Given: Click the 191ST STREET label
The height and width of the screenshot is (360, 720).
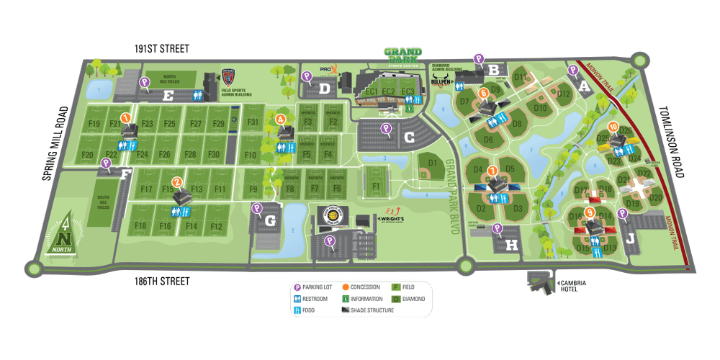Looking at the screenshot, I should [x=161, y=49].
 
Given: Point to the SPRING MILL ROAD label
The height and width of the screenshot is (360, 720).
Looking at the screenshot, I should [x=55, y=143].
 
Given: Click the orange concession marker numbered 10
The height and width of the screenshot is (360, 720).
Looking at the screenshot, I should [x=613, y=127].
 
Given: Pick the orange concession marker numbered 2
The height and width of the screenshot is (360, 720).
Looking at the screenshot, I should [x=176, y=183].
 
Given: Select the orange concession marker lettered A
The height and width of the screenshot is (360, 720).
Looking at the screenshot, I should [x=281, y=119].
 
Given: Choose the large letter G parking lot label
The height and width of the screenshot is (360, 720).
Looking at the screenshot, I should [x=270, y=221].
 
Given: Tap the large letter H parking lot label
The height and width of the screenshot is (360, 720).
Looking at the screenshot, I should [x=512, y=245].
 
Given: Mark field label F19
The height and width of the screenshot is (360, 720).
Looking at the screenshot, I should [x=94, y=124].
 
